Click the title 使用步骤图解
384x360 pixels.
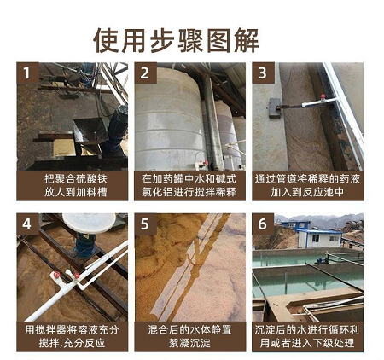(x=176, y=40)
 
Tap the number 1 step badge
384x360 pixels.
(x=27, y=73)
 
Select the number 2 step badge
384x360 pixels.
(x=145, y=73)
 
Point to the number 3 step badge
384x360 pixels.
(x=263, y=73)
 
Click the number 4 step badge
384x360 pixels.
(x=27, y=224)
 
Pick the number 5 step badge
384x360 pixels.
(x=145, y=224)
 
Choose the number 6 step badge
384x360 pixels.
(x=263, y=224)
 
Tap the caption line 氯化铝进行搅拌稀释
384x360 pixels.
(x=189, y=192)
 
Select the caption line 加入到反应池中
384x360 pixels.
(x=307, y=192)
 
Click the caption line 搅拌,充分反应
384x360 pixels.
(x=72, y=343)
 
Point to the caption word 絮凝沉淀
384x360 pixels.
(x=189, y=343)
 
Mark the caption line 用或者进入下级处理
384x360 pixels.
(x=307, y=343)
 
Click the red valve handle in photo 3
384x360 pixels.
(x=323, y=96)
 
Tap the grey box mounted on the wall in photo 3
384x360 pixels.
(x=275, y=108)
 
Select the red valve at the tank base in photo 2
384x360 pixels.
(x=206, y=163)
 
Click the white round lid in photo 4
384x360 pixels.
(x=89, y=223)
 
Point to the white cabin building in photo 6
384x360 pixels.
(x=320, y=239)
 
